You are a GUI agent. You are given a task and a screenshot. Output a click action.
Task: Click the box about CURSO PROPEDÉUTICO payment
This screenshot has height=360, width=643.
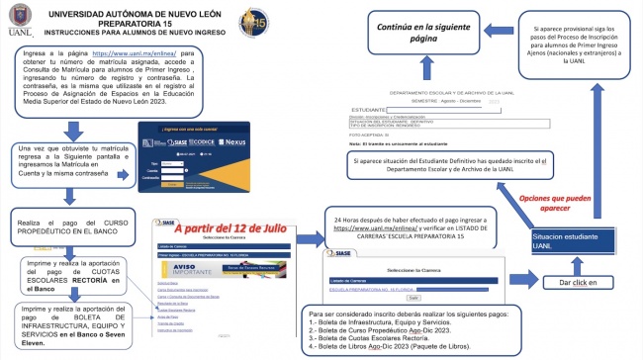pos(73,225)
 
